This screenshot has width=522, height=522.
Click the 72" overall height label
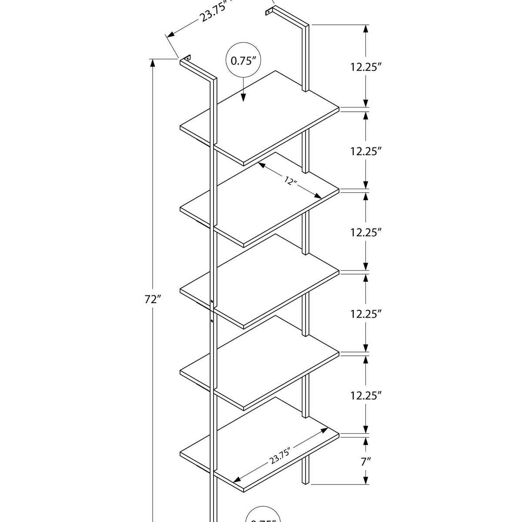[153, 299]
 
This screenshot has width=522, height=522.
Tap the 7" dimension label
[366, 461]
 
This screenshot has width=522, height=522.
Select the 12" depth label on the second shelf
[291, 181]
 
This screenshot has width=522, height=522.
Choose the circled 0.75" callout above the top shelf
[243, 61]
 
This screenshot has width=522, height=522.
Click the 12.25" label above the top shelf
[366, 67]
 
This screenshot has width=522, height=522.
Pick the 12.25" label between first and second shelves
[366, 151]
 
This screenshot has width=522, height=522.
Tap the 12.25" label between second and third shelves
[366, 232]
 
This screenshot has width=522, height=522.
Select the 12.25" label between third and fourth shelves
[366, 314]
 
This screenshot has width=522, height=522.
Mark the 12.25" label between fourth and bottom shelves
[366, 395]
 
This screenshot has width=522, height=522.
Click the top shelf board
[261, 117]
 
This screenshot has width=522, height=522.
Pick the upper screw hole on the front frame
[211, 301]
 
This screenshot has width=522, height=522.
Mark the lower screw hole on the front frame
[211, 321]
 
